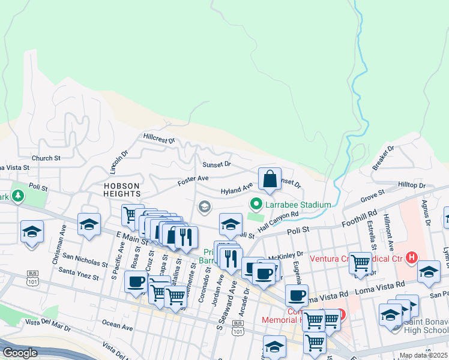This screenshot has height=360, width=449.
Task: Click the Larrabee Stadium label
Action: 298,205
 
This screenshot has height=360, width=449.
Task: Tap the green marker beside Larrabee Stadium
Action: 256,205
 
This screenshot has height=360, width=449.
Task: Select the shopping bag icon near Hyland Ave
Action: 270,179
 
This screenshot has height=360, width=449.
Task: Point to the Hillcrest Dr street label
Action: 159,139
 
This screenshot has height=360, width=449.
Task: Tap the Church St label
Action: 47,158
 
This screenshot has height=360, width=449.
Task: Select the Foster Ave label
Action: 193,178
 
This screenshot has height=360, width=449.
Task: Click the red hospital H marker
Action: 411,258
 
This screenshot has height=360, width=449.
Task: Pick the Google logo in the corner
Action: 20,353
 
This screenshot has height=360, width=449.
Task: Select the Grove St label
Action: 372,197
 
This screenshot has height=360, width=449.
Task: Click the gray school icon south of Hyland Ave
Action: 205,207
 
